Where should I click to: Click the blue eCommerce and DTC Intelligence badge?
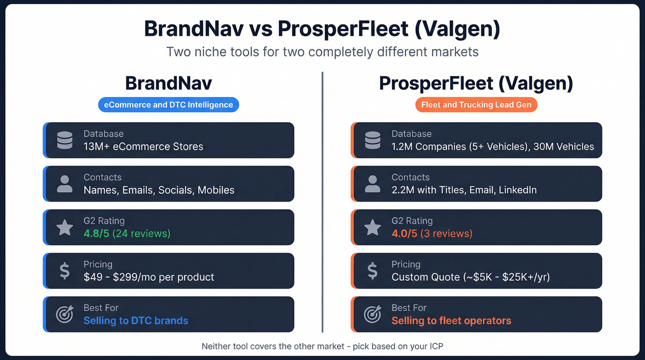pyautogui.click(x=169, y=105)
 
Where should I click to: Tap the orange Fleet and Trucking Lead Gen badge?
pyautogui.click(x=476, y=105)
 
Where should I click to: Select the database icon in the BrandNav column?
pyautogui.click(x=65, y=140)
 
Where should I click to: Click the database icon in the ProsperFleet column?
pyautogui.click(x=372, y=140)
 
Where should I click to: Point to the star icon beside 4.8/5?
pyautogui.click(x=65, y=227)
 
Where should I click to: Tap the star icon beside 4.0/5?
pyautogui.click(x=372, y=227)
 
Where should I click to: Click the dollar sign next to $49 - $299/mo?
pyautogui.click(x=65, y=271)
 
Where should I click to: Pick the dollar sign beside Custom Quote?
pyautogui.click(x=372, y=271)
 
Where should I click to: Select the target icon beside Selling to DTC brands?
pyautogui.click(x=64, y=314)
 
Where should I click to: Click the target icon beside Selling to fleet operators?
pyautogui.click(x=372, y=314)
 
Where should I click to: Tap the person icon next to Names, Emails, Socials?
pyautogui.click(x=65, y=183)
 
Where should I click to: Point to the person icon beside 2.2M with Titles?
pyautogui.click(x=372, y=183)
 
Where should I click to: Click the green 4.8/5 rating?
pyautogui.click(x=96, y=233)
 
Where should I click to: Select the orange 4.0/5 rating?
pyautogui.click(x=404, y=233)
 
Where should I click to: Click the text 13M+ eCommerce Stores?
pyautogui.click(x=143, y=147)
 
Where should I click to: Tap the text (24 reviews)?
pyautogui.click(x=141, y=233)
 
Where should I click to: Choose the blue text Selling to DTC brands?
pyautogui.click(x=136, y=320)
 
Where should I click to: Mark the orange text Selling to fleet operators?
pyautogui.click(x=451, y=320)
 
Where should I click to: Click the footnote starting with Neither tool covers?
pyautogui.click(x=322, y=346)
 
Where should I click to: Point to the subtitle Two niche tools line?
pyautogui.click(x=322, y=51)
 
